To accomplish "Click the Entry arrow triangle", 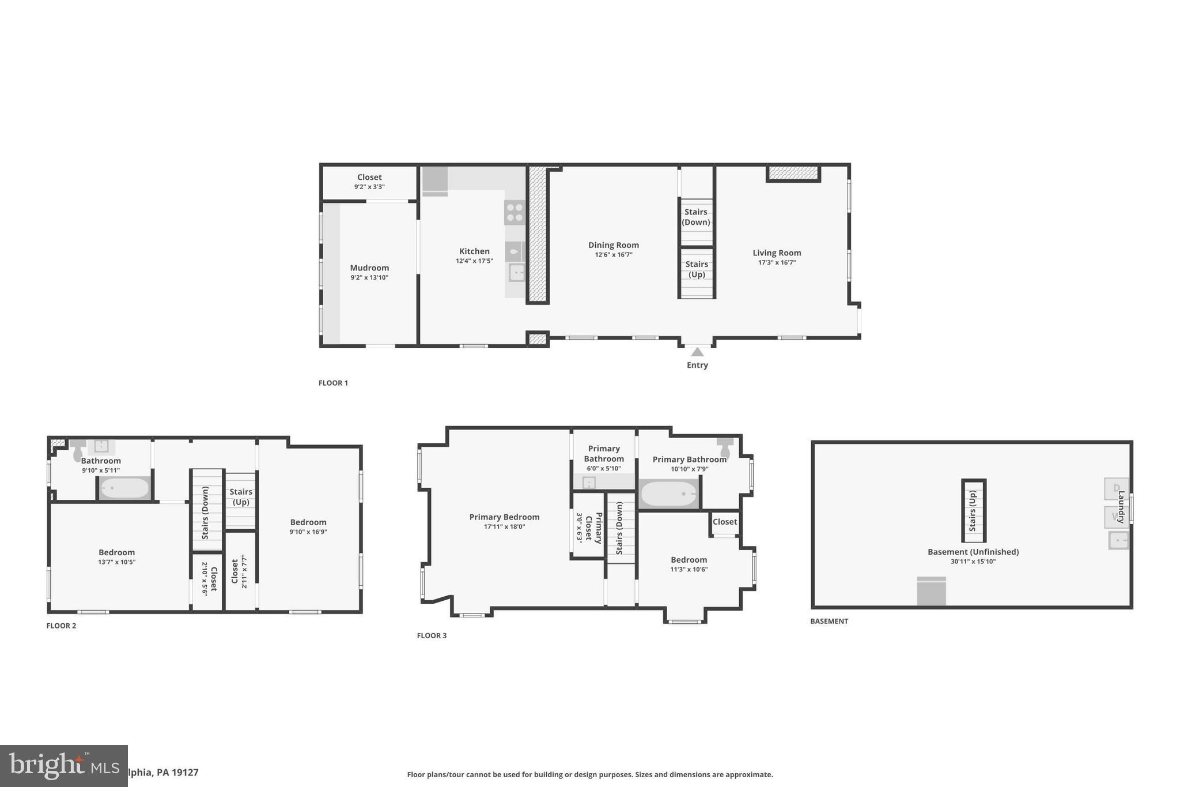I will tap(697, 352).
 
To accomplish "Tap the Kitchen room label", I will tap(474, 251).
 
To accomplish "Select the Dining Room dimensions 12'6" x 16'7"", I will tap(614, 255).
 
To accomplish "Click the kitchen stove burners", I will tap(515, 212).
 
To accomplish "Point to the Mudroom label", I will tap(369, 268).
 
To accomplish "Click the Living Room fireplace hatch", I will tap(793, 172).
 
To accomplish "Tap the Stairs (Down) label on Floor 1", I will tap(696, 217).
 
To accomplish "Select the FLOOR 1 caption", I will tap(333, 383).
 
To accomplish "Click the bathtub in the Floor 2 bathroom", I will tap(124, 488).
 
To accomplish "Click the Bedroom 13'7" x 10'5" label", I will tap(116, 553).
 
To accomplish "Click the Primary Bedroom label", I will tap(504, 517).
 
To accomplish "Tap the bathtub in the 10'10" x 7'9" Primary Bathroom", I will tap(669, 494).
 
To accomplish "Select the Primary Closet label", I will tap(593, 528).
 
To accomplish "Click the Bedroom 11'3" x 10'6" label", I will tap(689, 560).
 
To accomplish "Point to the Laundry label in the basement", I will tap(1121, 507).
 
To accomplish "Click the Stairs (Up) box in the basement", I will tap(973, 511).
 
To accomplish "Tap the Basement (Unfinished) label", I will tap(973, 552).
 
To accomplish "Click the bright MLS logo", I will tap(63, 766).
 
